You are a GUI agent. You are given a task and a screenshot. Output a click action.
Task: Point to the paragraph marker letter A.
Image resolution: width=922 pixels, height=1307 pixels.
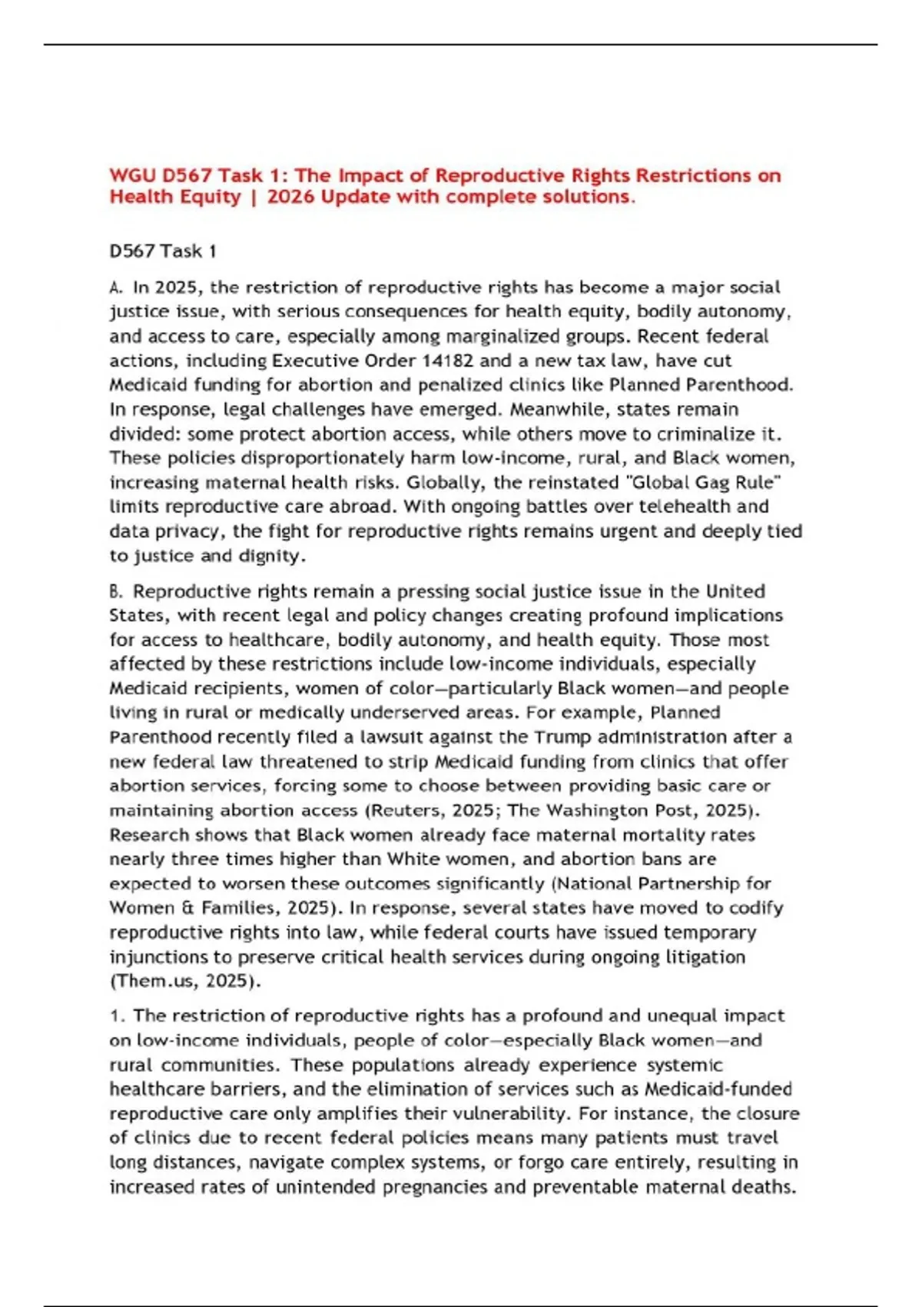pos(115,288)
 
